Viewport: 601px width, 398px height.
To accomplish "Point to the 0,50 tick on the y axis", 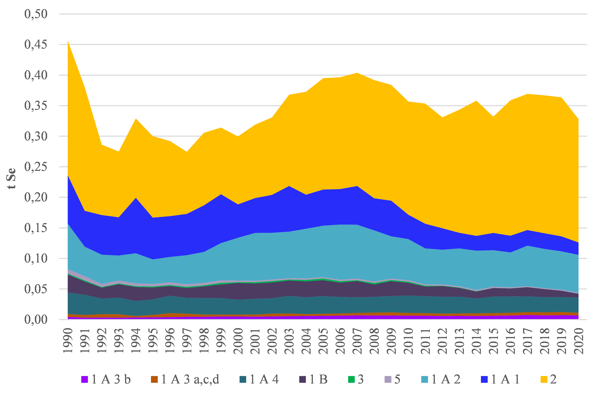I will pos(36,14).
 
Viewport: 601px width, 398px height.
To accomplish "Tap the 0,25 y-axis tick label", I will pos(36,167).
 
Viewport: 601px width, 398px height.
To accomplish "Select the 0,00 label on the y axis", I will pos(36,320).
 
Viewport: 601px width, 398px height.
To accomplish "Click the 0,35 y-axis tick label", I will pos(36,106).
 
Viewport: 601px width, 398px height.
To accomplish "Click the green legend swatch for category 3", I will pos(351,379).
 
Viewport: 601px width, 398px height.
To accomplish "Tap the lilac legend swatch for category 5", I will pos(388,379).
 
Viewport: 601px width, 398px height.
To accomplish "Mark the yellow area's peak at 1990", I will pos(68,41).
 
